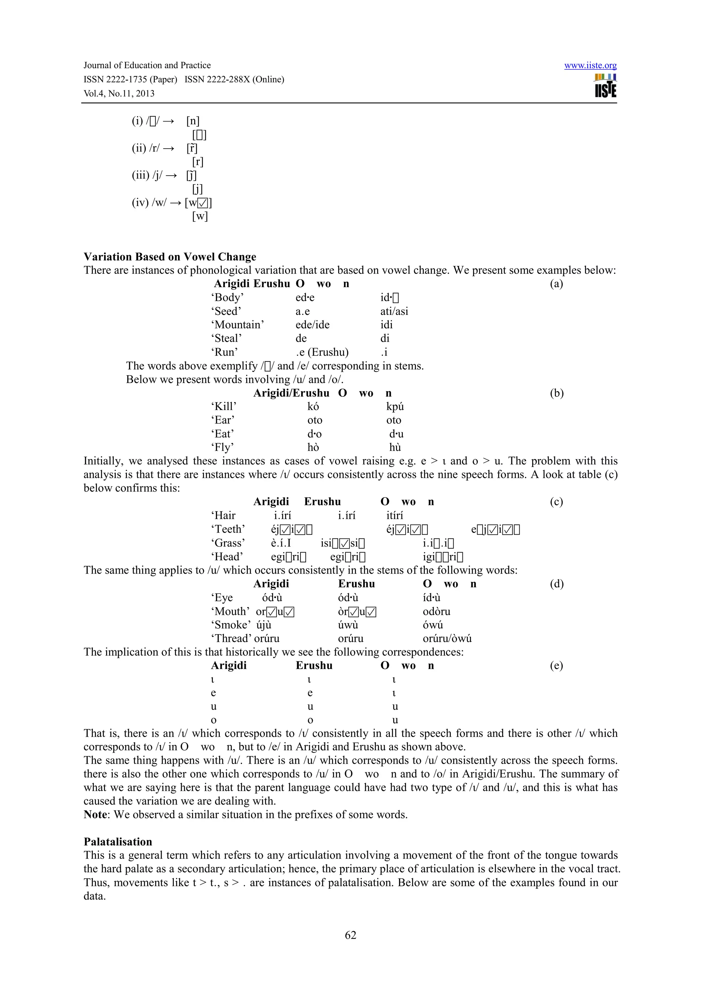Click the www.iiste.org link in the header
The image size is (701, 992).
[x=590, y=66]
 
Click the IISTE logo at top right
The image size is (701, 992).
[x=605, y=86]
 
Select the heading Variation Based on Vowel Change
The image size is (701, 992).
[x=170, y=257]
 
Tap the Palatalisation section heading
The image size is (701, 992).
[x=118, y=842]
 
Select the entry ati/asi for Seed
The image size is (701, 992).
[x=394, y=311]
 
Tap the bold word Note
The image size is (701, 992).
[x=95, y=815]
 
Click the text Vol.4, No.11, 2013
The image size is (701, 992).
[x=119, y=94]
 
